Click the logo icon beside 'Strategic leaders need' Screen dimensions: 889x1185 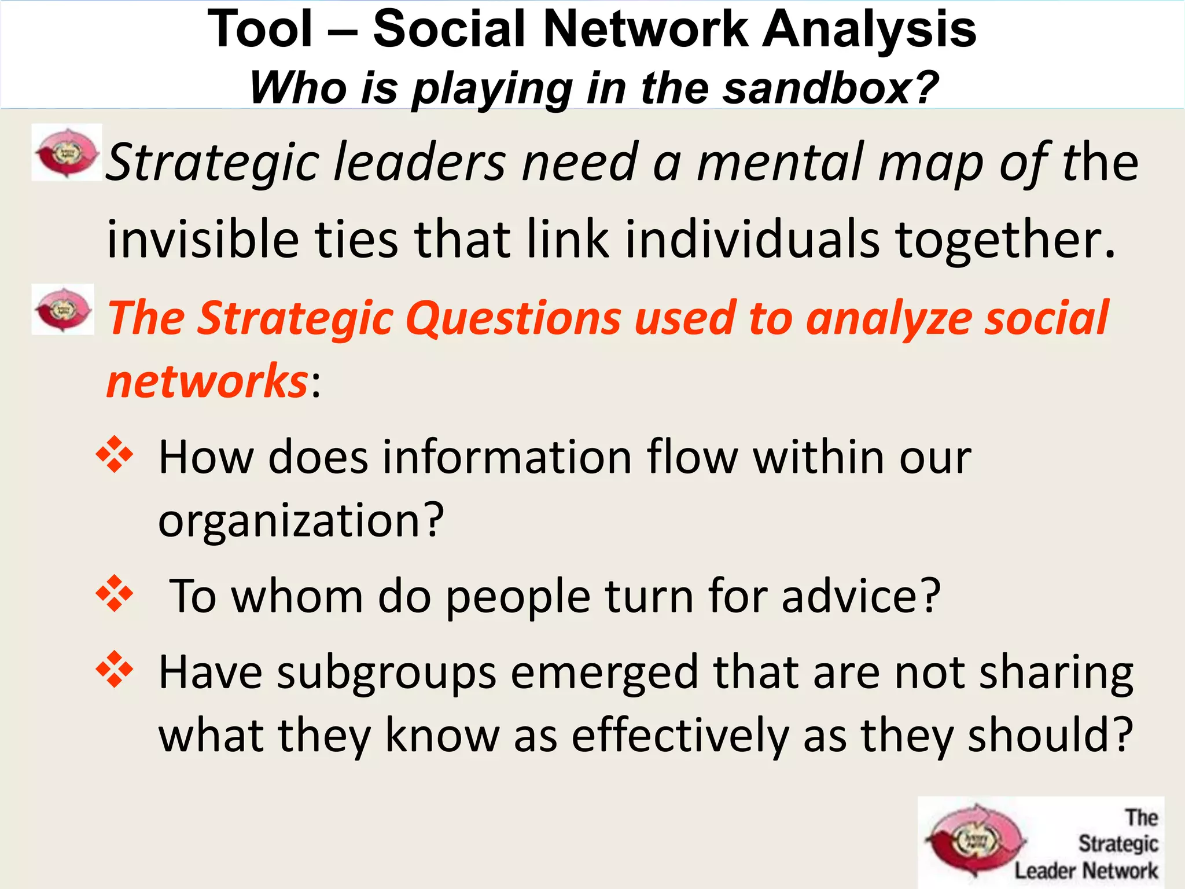[x=67, y=153]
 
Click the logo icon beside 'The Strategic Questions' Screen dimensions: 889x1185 [x=62, y=310]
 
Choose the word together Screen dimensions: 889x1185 [x=1004, y=240]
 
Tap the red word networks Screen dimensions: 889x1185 [x=207, y=381]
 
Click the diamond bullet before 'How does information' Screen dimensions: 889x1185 [x=115, y=454]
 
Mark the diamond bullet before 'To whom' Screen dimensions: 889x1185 [x=115, y=593]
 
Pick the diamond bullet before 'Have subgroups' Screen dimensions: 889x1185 [x=115, y=670]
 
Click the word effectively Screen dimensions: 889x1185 [x=680, y=736]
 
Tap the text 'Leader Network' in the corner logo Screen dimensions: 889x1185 [x=1085, y=870]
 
